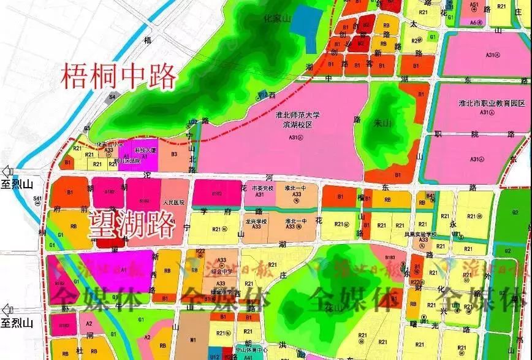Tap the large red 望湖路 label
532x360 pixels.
pyautogui.click(x=130, y=225)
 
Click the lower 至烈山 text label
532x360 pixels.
pyautogui.click(x=21, y=322)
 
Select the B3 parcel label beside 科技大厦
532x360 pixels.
pyautogui.click(x=174, y=154)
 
